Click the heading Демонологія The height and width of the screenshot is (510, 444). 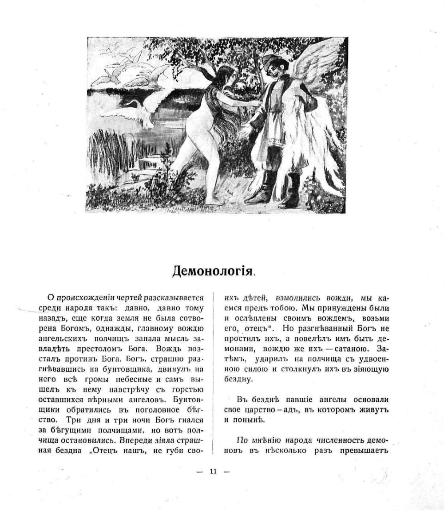[213, 270]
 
